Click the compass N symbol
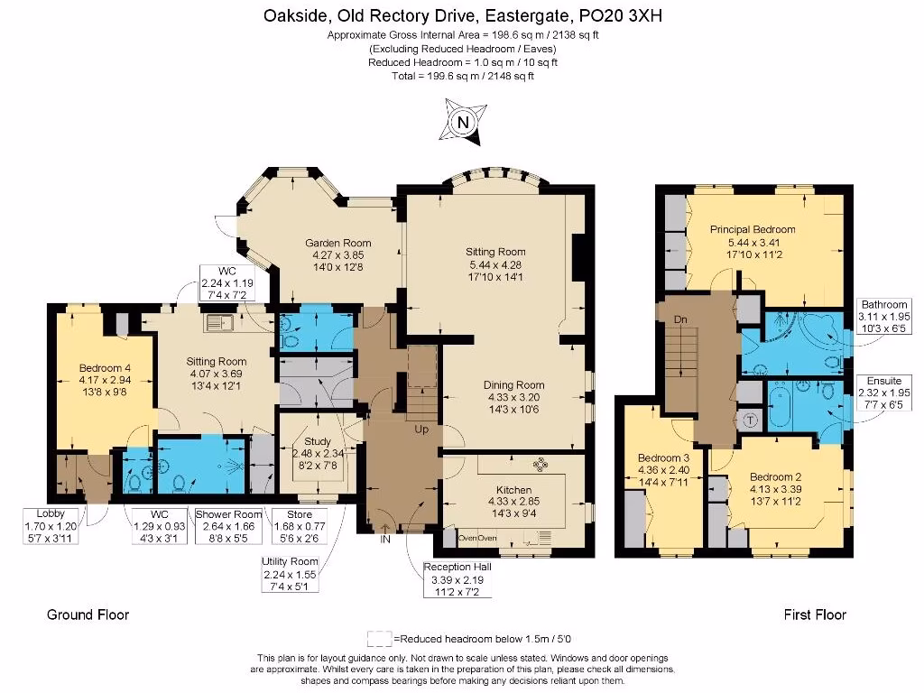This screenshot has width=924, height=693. pos(463,122)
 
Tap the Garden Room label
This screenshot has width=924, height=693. pos(338,243)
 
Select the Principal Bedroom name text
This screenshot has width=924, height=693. pos(753,229)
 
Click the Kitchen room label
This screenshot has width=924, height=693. pos(513,490)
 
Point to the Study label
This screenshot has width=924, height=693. pos(318,441)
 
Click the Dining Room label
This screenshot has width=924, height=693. pos(513,384)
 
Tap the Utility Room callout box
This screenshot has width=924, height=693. pos(290,574)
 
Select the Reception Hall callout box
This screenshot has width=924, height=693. pos(457,579)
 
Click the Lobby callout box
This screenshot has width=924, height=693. pos(51,526)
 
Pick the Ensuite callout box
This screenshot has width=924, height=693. pos(884,393)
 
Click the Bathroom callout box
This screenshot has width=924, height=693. pos(884,317)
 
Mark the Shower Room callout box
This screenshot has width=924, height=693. pos(228,526)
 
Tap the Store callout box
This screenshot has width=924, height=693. pos(300,526)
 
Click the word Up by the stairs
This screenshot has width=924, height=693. pos(421,429)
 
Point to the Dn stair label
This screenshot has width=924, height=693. pos(680,319)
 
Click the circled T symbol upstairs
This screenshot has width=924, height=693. pos(750,420)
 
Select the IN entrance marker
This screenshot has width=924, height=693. pos(385,540)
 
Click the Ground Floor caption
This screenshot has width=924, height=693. pos(88,614)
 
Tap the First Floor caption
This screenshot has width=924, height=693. pos(815,614)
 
